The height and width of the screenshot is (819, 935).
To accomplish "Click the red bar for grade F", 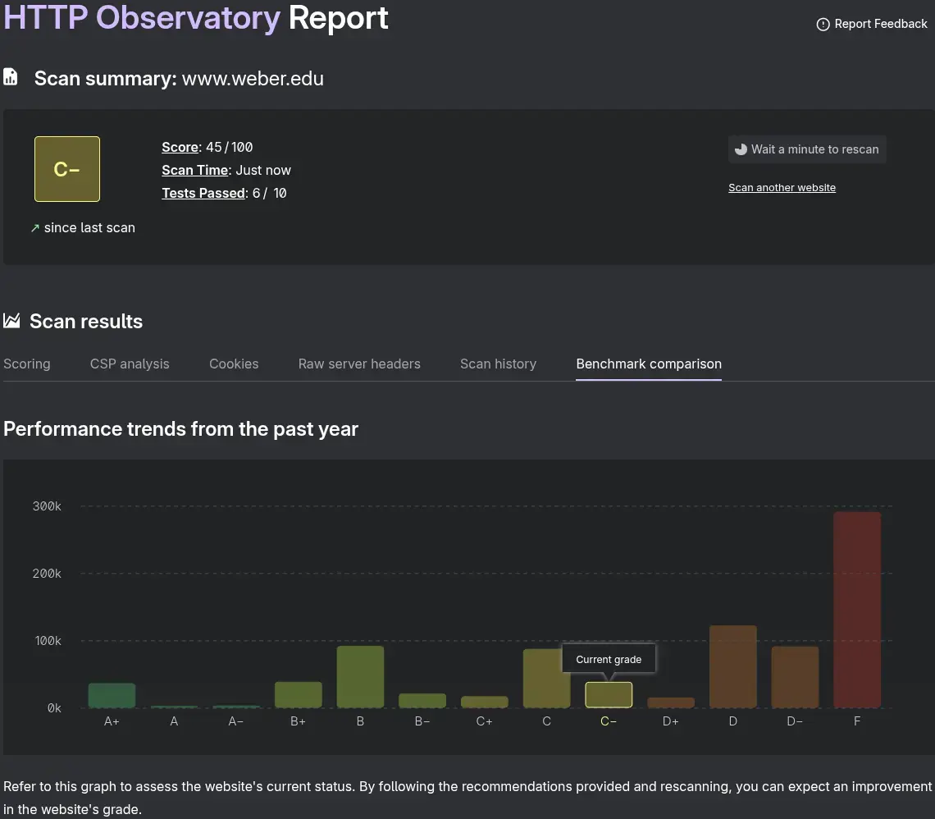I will pyautogui.click(x=857, y=609).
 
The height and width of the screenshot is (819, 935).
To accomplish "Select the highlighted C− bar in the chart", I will pyautogui.click(x=609, y=695).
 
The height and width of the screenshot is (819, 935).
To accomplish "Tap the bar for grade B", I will pyautogui.click(x=360, y=676).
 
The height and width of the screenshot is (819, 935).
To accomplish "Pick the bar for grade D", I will pyautogui.click(x=732, y=666).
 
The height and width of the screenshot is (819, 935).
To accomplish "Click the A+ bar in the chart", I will pyautogui.click(x=112, y=695).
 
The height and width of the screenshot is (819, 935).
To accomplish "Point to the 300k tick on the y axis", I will pyautogui.click(x=47, y=506).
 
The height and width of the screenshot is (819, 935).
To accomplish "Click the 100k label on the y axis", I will pyautogui.click(x=47, y=641).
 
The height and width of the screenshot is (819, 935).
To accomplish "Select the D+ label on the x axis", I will pyautogui.click(x=670, y=721).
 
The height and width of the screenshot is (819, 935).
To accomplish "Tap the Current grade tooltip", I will pyautogui.click(x=609, y=659).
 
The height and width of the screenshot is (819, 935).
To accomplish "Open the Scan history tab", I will pyautogui.click(x=498, y=364).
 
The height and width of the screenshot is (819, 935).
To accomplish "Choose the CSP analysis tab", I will pyautogui.click(x=130, y=364).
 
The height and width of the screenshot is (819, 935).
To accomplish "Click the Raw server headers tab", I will pyautogui.click(x=359, y=364).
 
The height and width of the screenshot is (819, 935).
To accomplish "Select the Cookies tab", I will pyautogui.click(x=234, y=364).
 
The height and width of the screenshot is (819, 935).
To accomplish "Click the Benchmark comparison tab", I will pyautogui.click(x=649, y=364).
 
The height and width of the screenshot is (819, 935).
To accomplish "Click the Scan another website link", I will pyautogui.click(x=782, y=188).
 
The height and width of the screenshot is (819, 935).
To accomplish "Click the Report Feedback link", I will pyautogui.click(x=872, y=24).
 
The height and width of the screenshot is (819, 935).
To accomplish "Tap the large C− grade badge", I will pyautogui.click(x=67, y=169).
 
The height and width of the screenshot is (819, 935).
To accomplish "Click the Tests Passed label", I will pyautogui.click(x=203, y=194).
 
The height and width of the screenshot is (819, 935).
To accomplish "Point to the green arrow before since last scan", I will pyautogui.click(x=35, y=229).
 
